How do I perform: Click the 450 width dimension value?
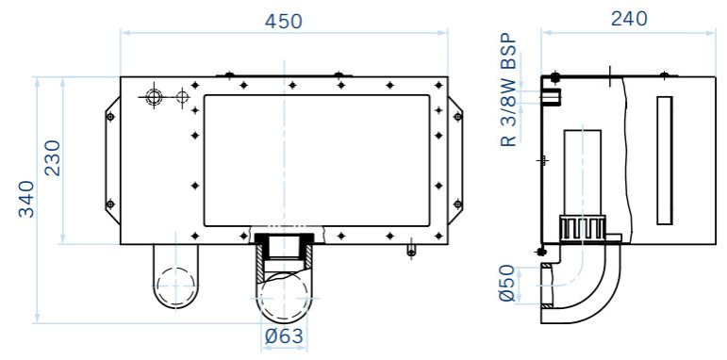283,22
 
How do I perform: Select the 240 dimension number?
628,19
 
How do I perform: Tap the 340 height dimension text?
26,199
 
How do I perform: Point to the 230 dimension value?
52,157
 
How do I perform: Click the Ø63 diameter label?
284,335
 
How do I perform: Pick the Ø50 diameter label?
507,283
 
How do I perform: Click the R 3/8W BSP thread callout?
508,90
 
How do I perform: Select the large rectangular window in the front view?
317,161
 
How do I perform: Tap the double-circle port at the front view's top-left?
153,97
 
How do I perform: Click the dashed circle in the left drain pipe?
176,286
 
